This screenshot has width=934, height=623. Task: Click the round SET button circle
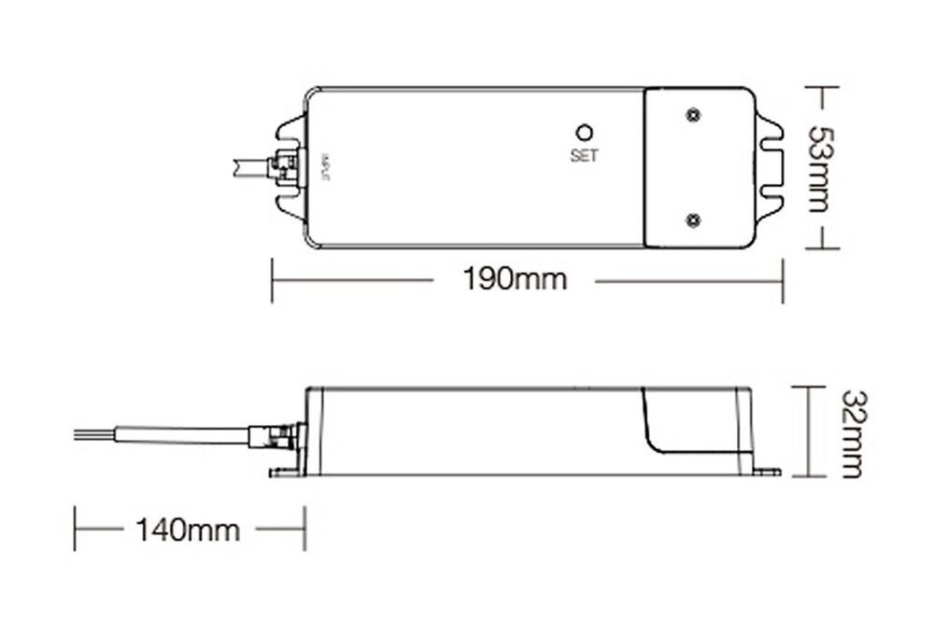tap(583, 133)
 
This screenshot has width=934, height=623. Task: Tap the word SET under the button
tap(583, 157)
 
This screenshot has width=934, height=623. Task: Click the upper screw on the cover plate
tap(692, 115)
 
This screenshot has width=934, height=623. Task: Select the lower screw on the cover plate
tap(692, 219)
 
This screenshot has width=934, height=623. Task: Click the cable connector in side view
tap(278, 435)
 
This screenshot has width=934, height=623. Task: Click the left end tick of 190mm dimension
tap(272, 279)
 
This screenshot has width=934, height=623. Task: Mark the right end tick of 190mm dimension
tap(781, 279)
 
